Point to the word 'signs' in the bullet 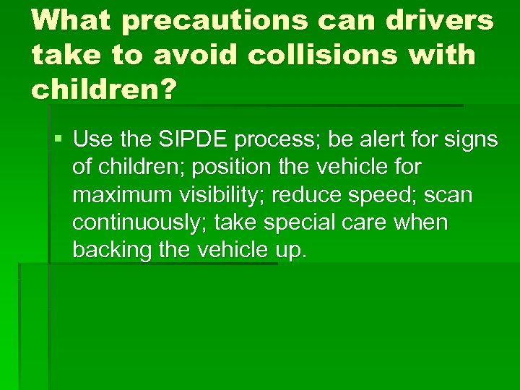(472, 139)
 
